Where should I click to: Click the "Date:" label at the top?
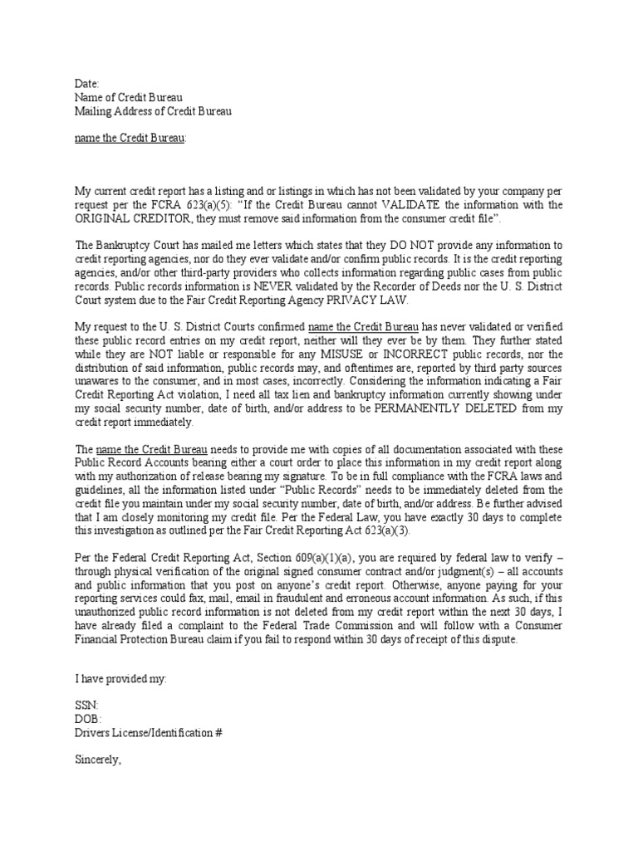(x=86, y=84)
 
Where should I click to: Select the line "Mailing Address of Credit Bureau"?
(x=153, y=110)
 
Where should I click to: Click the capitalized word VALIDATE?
(x=412, y=203)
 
